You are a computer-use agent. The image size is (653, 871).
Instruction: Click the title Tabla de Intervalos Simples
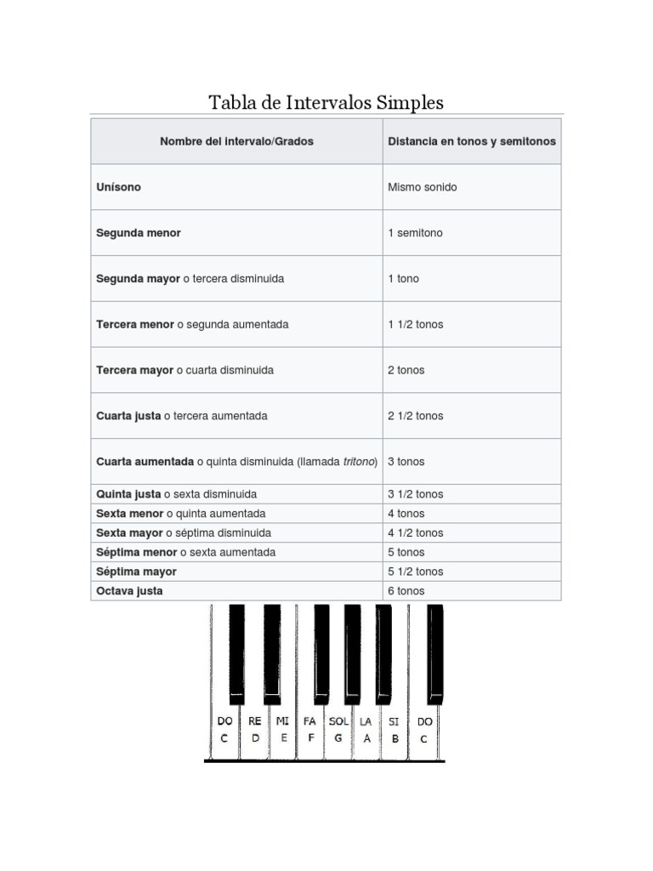pos(326,103)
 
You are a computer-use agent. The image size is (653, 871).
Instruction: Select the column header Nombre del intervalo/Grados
pos(236,141)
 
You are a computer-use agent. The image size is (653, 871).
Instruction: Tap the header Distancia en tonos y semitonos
pos(472,141)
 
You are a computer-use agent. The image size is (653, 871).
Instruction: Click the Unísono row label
pos(119,187)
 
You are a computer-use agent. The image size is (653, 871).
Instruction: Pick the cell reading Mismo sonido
pos(422,187)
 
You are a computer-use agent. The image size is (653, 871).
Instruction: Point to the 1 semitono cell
pos(415,233)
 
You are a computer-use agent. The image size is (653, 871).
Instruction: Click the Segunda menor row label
pos(139,233)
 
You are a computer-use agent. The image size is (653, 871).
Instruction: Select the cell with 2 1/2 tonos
pos(415,416)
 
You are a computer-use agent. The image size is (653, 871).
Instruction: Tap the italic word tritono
pos(359,462)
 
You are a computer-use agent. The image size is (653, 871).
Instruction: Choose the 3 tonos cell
pos(406,462)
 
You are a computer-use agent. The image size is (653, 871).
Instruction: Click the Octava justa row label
pos(129,591)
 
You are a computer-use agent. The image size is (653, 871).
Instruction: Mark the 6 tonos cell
pos(406,591)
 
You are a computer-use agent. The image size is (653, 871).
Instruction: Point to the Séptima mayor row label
pos(136,572)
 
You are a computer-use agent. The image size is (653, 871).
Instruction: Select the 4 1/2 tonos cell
pos(415,533)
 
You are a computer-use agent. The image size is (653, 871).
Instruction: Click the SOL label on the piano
pos(338,721)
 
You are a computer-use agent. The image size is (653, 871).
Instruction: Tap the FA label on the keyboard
pos(309,721)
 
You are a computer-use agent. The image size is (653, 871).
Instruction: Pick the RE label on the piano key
pos(255,721)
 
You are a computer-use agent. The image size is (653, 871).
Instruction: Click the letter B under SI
pos(395,739)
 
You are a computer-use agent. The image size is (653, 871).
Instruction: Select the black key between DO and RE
pos(237,651)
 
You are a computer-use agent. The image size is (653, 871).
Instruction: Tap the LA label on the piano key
pos(366,721)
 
